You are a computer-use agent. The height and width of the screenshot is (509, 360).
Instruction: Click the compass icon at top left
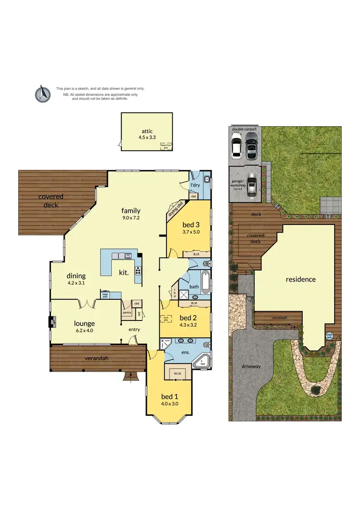43,94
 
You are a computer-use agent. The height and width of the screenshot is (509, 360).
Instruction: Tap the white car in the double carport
237,145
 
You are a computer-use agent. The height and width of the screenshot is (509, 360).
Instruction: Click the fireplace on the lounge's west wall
51,321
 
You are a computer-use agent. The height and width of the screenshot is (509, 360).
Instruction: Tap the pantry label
127,312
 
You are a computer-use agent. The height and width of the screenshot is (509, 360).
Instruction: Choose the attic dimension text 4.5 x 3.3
147,137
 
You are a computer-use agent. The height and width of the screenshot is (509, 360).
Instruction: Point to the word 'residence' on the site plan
300,279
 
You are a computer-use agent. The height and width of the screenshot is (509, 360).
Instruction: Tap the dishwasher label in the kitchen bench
128,255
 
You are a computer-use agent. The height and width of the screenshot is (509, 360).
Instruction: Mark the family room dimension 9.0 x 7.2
131,218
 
